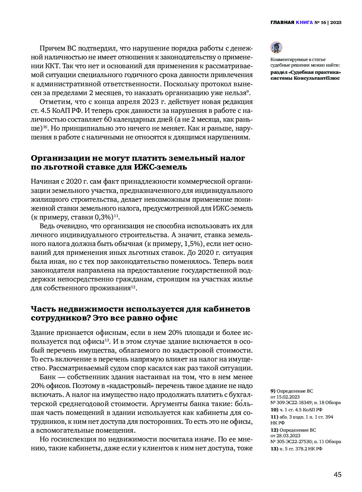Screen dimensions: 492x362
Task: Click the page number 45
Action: pos(337,475)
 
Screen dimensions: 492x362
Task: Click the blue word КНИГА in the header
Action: pos(304,23)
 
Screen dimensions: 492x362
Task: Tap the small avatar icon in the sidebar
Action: pos(276,48)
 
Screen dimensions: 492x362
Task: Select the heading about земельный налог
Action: pos(138,162)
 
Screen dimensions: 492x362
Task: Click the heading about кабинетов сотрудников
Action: pos(140,313)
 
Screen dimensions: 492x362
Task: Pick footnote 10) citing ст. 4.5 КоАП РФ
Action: pos(296,410)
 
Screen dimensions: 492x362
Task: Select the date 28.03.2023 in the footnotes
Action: pos(289,436)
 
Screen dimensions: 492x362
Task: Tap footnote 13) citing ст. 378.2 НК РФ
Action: pos(296,449)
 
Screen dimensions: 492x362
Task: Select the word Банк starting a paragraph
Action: pos(48,377)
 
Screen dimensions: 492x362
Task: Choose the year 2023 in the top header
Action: pos(336,23)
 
